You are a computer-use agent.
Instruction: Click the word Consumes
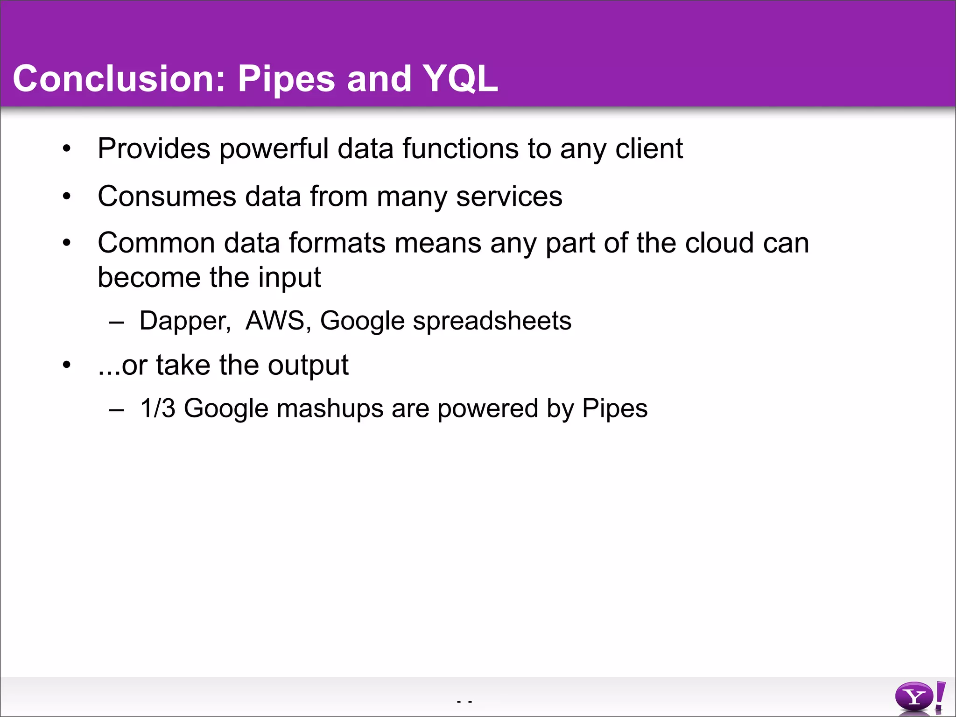click(167, 197)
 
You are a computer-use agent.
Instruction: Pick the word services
click(509, 197)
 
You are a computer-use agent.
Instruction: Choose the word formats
click(338, 243)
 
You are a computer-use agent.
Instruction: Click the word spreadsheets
click(492, 322)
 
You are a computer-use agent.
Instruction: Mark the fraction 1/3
click(158, 408)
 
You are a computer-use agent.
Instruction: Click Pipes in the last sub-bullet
click(615, 409)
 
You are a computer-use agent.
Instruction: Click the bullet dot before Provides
click(67, 149)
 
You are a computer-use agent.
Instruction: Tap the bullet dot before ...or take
click(67, 365)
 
